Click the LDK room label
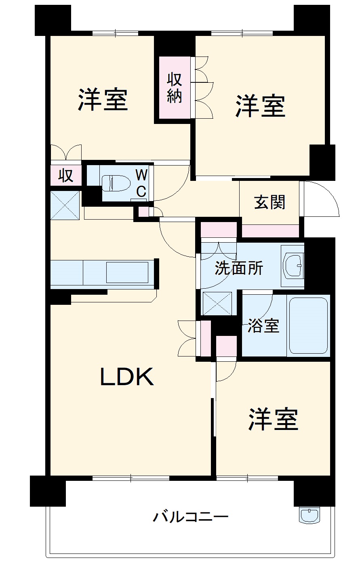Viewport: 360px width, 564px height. (x=127, y=377)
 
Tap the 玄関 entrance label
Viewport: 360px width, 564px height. (x=270, y=202)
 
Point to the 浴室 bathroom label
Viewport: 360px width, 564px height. (x=263, y=325)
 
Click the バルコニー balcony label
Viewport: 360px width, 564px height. (x=191, y=517)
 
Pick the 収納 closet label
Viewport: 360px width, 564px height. (x=175, y=88)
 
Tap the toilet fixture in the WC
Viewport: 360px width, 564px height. (x=116, y=183)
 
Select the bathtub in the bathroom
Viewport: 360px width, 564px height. (x=308, y=326)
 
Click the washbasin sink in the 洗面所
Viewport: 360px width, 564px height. (x=294, y=266)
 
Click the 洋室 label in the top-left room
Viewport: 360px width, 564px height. (x=103, y=99)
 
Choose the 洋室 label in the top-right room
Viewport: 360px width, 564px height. (x=261, y=106)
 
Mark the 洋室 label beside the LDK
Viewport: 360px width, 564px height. (x=273, y=419)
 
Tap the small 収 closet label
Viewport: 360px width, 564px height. (x=65, y=176)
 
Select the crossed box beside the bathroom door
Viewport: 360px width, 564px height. (x=217, y=303)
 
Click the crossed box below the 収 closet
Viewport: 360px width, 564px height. (x=65, y=205)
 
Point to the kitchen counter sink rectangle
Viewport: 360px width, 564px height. (x=127, y=273)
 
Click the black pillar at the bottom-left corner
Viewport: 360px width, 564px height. (x=48, y=491)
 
